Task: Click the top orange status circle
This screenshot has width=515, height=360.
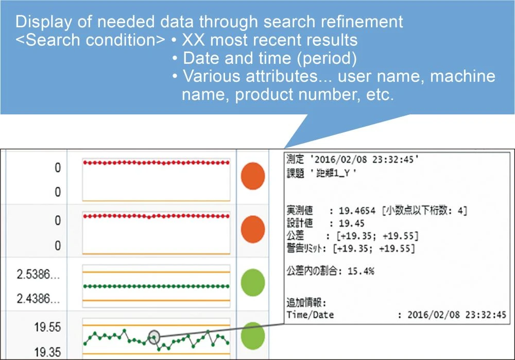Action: pos(252,176)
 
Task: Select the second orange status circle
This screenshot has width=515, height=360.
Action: pos(252,230)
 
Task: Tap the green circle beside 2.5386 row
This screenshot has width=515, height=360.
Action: pos(252,282)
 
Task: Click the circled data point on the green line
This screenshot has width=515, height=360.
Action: pos(153,337)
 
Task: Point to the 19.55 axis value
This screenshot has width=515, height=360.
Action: pos(47,327)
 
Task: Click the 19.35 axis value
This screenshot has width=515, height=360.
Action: pos(47,352)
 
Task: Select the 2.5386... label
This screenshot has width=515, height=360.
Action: pos(38,274)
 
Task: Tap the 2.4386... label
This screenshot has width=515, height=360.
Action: pos(38,298)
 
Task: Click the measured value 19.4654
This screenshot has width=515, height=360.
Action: pos(356,211)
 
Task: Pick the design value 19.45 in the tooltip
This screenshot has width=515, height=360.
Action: pos(351,224)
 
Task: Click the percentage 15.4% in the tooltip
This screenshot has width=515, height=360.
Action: pos(360,271)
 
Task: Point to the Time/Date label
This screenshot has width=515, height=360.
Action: pos(310,315)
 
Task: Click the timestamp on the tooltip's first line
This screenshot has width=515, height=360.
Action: pos(366,160)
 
